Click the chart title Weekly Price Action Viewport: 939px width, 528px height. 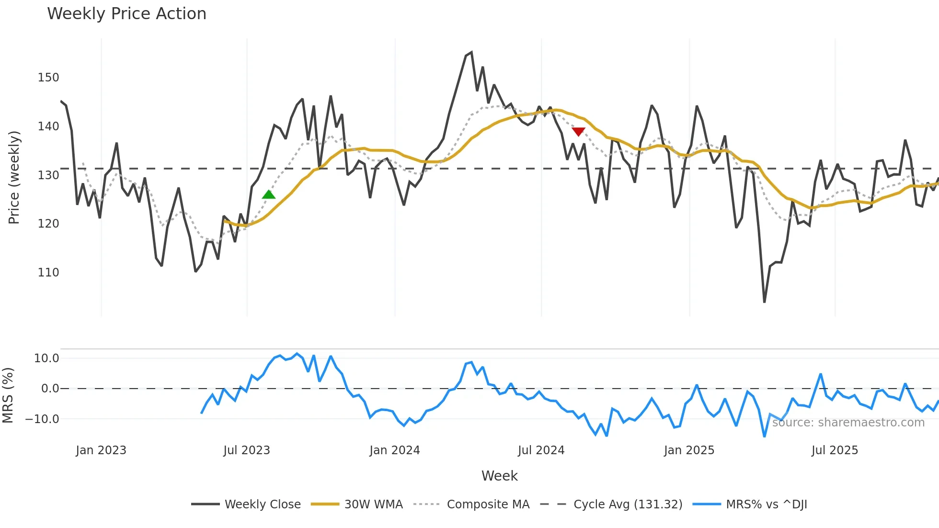[126, 14]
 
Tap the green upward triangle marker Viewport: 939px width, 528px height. [269, 195]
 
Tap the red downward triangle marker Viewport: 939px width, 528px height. [578, 131]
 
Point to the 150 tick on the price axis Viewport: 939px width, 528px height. [48, 78]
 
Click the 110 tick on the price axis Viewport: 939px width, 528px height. [48, 273]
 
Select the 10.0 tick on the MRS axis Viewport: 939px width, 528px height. [46, 358]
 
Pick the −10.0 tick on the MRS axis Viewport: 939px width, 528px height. [42, 419]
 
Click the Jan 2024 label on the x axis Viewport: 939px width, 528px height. [394, 450]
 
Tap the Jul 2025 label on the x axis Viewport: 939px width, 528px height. [835, 450]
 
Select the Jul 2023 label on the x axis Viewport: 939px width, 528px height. [247, 450]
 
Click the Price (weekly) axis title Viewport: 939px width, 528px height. [14, 177]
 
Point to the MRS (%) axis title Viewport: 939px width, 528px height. [8, 395]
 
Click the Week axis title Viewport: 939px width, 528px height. [499, 476]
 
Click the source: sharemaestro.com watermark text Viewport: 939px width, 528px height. [848, 423]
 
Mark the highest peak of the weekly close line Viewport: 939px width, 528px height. [471, 53]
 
